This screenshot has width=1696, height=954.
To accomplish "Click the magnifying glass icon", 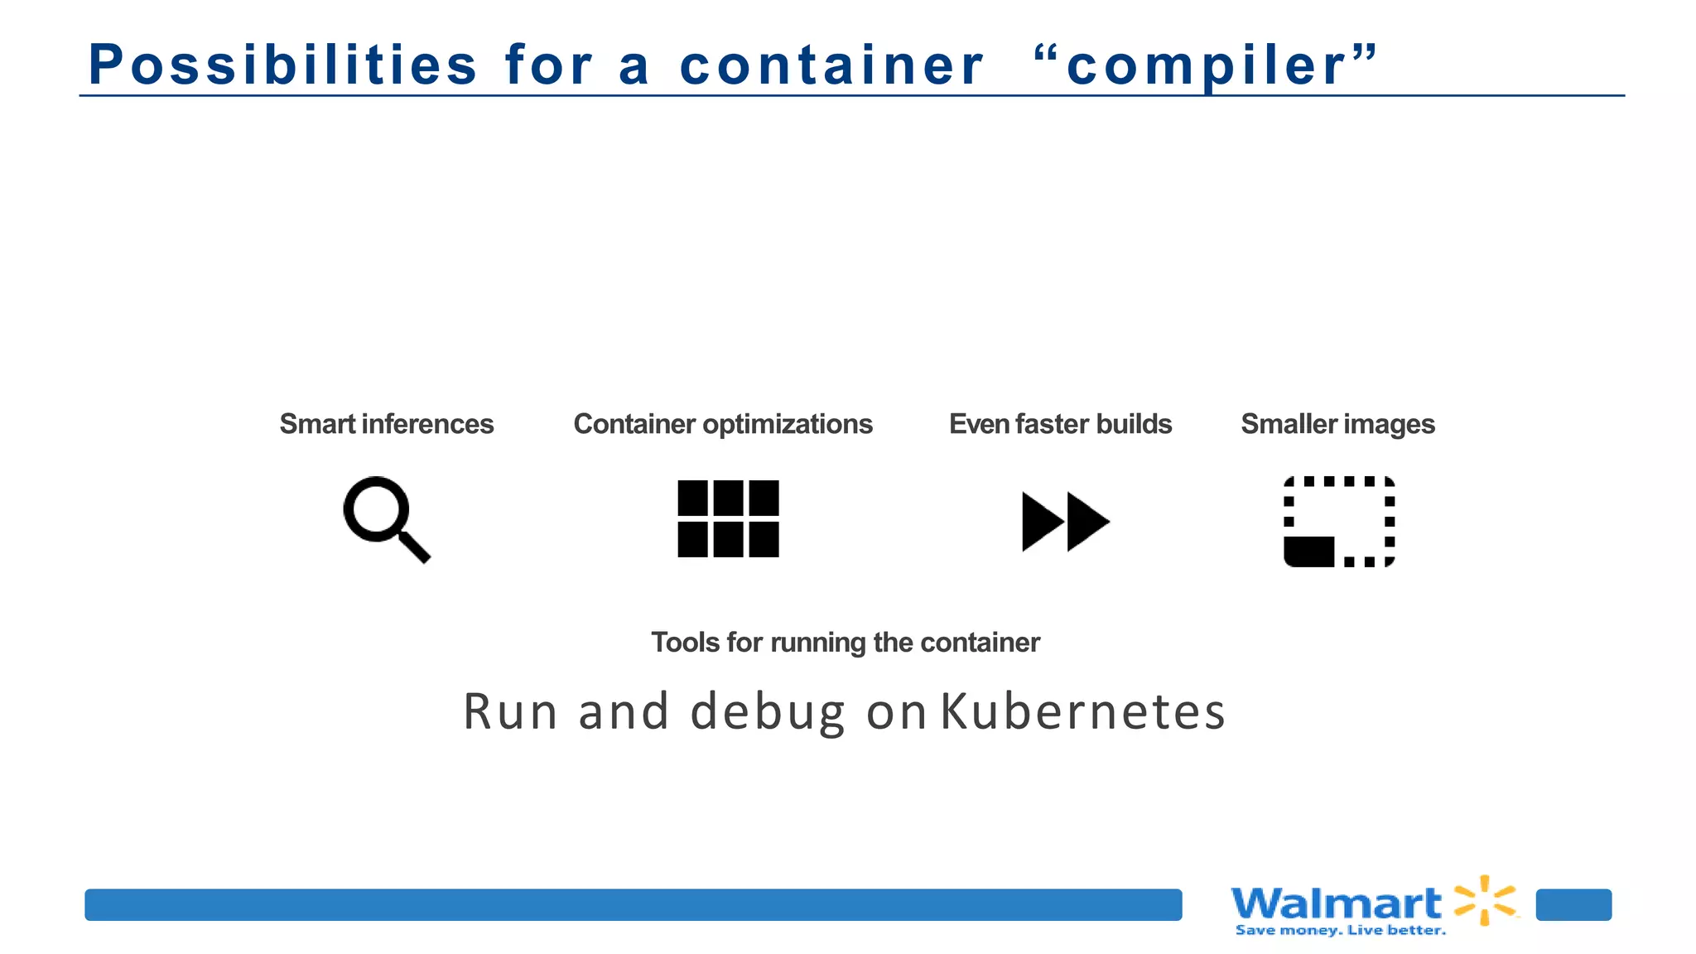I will coord(386,518).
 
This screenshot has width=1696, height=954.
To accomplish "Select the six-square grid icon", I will coord(728,518).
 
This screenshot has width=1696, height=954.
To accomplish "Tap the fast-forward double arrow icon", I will coord(1065,521).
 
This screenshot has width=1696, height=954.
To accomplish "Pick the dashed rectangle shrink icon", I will coord(1339,521).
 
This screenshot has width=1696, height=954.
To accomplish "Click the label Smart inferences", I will coord(387,424).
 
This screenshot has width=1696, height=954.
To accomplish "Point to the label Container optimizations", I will coord(723,424).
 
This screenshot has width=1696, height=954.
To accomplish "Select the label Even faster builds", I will coord(1060,424).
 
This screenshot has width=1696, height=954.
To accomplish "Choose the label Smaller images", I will coord(1337,424).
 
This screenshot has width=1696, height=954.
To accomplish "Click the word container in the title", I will coord(831,65).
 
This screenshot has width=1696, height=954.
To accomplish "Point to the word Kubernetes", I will coord(1082,711).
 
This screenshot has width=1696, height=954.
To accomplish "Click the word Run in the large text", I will coord(510,711).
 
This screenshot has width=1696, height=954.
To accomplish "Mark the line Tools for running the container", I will coord(845,643).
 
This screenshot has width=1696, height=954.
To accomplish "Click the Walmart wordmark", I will coord(1337,903).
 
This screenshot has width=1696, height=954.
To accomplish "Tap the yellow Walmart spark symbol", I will coord(1486,899).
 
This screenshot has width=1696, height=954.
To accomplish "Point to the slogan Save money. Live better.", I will coord(1340,931).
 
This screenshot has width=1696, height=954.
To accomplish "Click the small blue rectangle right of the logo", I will coord(1573,904).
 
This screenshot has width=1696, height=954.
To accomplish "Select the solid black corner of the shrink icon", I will coord(1308,552).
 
